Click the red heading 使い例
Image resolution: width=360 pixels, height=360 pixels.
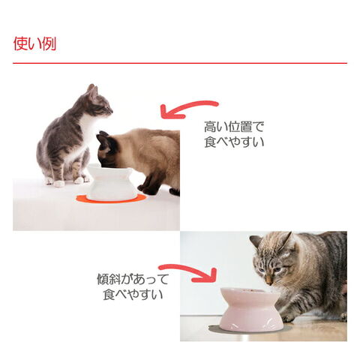34,43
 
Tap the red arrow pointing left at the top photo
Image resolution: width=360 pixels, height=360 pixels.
185,106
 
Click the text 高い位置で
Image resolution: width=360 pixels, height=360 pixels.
234,127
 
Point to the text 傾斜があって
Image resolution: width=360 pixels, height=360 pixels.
133,279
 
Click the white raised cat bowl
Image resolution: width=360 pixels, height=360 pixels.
111,182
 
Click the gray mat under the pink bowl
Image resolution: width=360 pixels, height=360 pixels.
250,329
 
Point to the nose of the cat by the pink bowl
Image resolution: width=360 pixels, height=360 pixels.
269,282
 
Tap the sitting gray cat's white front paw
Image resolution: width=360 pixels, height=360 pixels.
59,184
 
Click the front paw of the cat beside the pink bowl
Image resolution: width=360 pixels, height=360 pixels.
288,317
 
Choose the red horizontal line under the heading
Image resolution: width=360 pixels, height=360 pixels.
180,63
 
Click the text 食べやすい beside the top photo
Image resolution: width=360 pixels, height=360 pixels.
234,142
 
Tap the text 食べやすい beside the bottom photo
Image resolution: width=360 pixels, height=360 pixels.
133,294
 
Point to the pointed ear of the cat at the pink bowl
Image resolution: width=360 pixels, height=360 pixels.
286,241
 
